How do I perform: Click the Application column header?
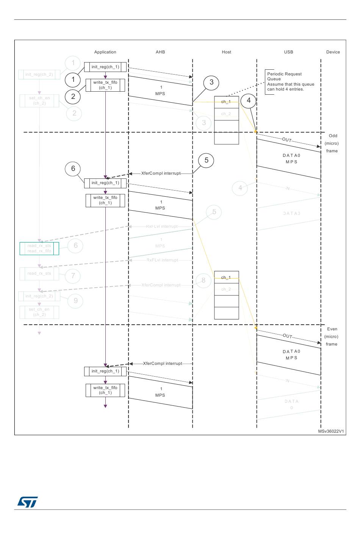105,52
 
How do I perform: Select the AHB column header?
160,52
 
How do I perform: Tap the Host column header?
226,52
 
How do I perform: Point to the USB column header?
288,52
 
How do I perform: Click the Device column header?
333,52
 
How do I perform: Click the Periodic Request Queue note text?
290,82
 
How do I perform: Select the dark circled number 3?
211,83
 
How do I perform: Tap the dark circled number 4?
249,100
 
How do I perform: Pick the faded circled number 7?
73,276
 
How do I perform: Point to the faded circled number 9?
75,301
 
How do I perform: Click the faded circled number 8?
203,280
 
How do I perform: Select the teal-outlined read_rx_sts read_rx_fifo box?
39,249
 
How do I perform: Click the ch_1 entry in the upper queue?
226,102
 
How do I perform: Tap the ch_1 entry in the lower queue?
226,278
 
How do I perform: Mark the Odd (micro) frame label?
332,143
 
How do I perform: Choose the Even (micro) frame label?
332,336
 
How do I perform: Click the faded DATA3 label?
291,214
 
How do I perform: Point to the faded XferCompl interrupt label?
161,285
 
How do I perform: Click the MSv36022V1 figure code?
331,432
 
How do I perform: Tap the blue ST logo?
28,502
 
